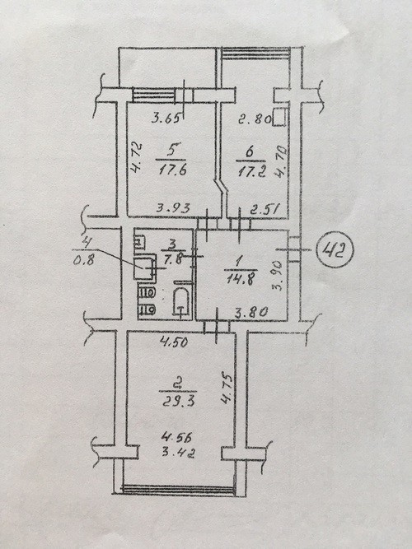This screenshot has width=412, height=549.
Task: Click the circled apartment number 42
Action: point(335,249)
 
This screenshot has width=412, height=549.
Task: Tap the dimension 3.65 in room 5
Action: point(166,118)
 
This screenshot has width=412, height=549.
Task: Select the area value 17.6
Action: point(172,170)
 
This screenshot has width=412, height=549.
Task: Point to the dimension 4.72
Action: point(135,158)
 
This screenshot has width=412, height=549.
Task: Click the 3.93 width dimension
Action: point(173,208)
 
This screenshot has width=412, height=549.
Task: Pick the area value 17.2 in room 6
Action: point(252,172)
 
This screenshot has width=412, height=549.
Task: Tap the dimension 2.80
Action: point(255,119)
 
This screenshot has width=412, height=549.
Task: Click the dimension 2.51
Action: point(265,209)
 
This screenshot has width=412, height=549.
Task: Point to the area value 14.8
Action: point(241,279)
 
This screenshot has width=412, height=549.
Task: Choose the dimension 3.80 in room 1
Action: point(251,312)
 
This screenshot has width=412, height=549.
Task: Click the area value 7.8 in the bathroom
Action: point(174,260)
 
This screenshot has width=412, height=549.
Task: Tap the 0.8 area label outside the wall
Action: point(83,260)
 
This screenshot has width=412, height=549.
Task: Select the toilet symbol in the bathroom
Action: point(181,303)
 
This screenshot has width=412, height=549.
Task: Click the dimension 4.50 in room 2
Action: point(174,342)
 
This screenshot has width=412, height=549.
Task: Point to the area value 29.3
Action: point(178,401)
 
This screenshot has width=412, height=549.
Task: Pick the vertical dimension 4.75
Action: point(227,389)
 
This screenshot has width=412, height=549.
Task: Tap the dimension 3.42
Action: point(179,453)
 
